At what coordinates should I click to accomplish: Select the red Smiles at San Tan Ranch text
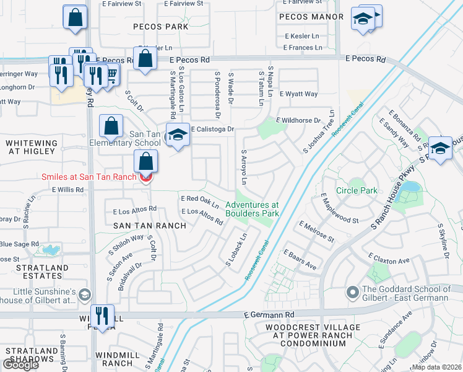coord(88,177)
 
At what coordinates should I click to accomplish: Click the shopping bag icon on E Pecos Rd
coord(145,60)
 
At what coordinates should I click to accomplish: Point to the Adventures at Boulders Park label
coord(252,209)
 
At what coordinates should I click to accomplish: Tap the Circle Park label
coord(357,190)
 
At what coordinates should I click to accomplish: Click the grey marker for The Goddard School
coord(353,291)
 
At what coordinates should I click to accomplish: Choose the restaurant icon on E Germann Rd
coord(103,316)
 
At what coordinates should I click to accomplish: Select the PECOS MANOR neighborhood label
coord(311,17)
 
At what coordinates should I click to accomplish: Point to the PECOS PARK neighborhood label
coord(160,27)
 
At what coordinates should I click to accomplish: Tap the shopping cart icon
coord(112,74)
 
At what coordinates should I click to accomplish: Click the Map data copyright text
coord(436,367)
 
